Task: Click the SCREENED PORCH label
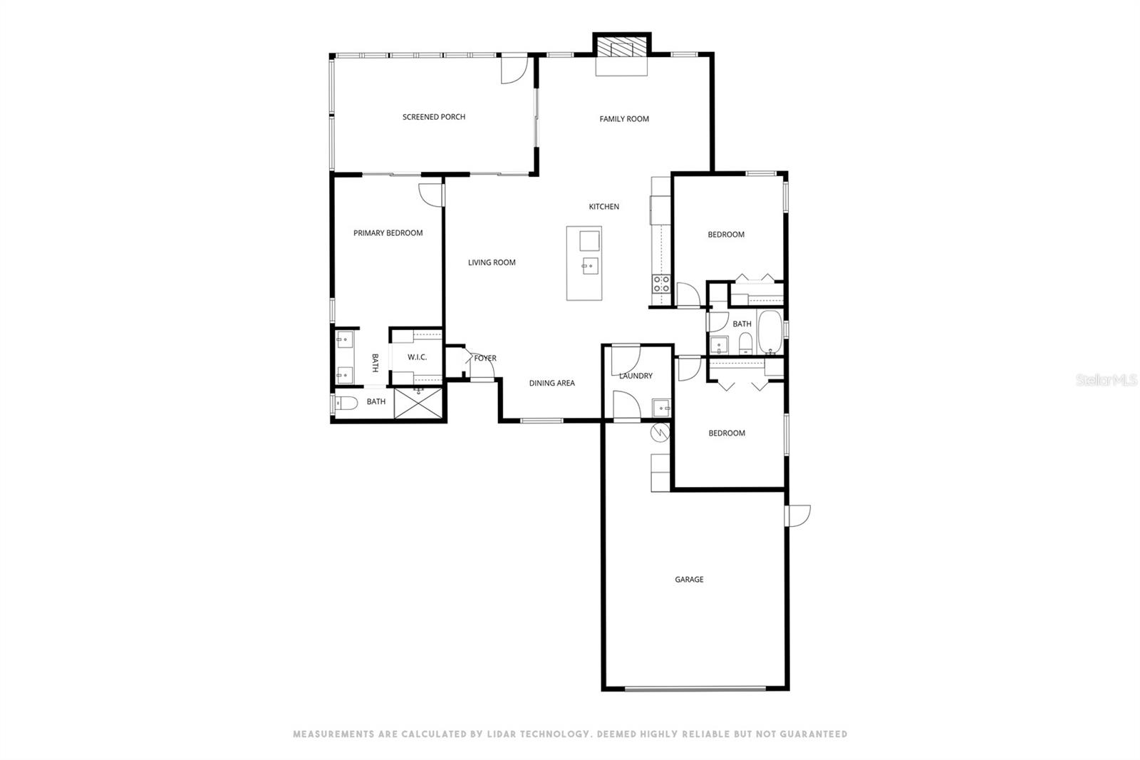pyautogui.click(x=433, y=117)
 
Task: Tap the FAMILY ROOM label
pyautogui.click(x=623, y=119)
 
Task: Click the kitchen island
pyautogui.click(x=584, y=263)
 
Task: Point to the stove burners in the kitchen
pyautogui.click(x=660, y=284)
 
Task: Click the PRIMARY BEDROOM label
pyautogui.click(x=388, y=233)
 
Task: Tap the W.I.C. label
pyautogui.click(x=417, y=356)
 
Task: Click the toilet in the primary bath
pyautogui.click(x=346, y=403)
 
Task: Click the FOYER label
pyautogui.click(x=485, y=359)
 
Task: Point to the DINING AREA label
pyautogui.click(x=551, y=384)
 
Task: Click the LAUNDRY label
pyautogui.click(x=636, y=376)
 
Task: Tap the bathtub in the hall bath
pyautogui.click(x=769, y=332)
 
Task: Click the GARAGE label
pyautogui.click(x=689, y=580)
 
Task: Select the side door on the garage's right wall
pyautogui.click(x=797, y=515)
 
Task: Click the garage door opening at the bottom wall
pyautogui.click(x=695, y=689)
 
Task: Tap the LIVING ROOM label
pyautogui.click(x=492, y=262)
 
